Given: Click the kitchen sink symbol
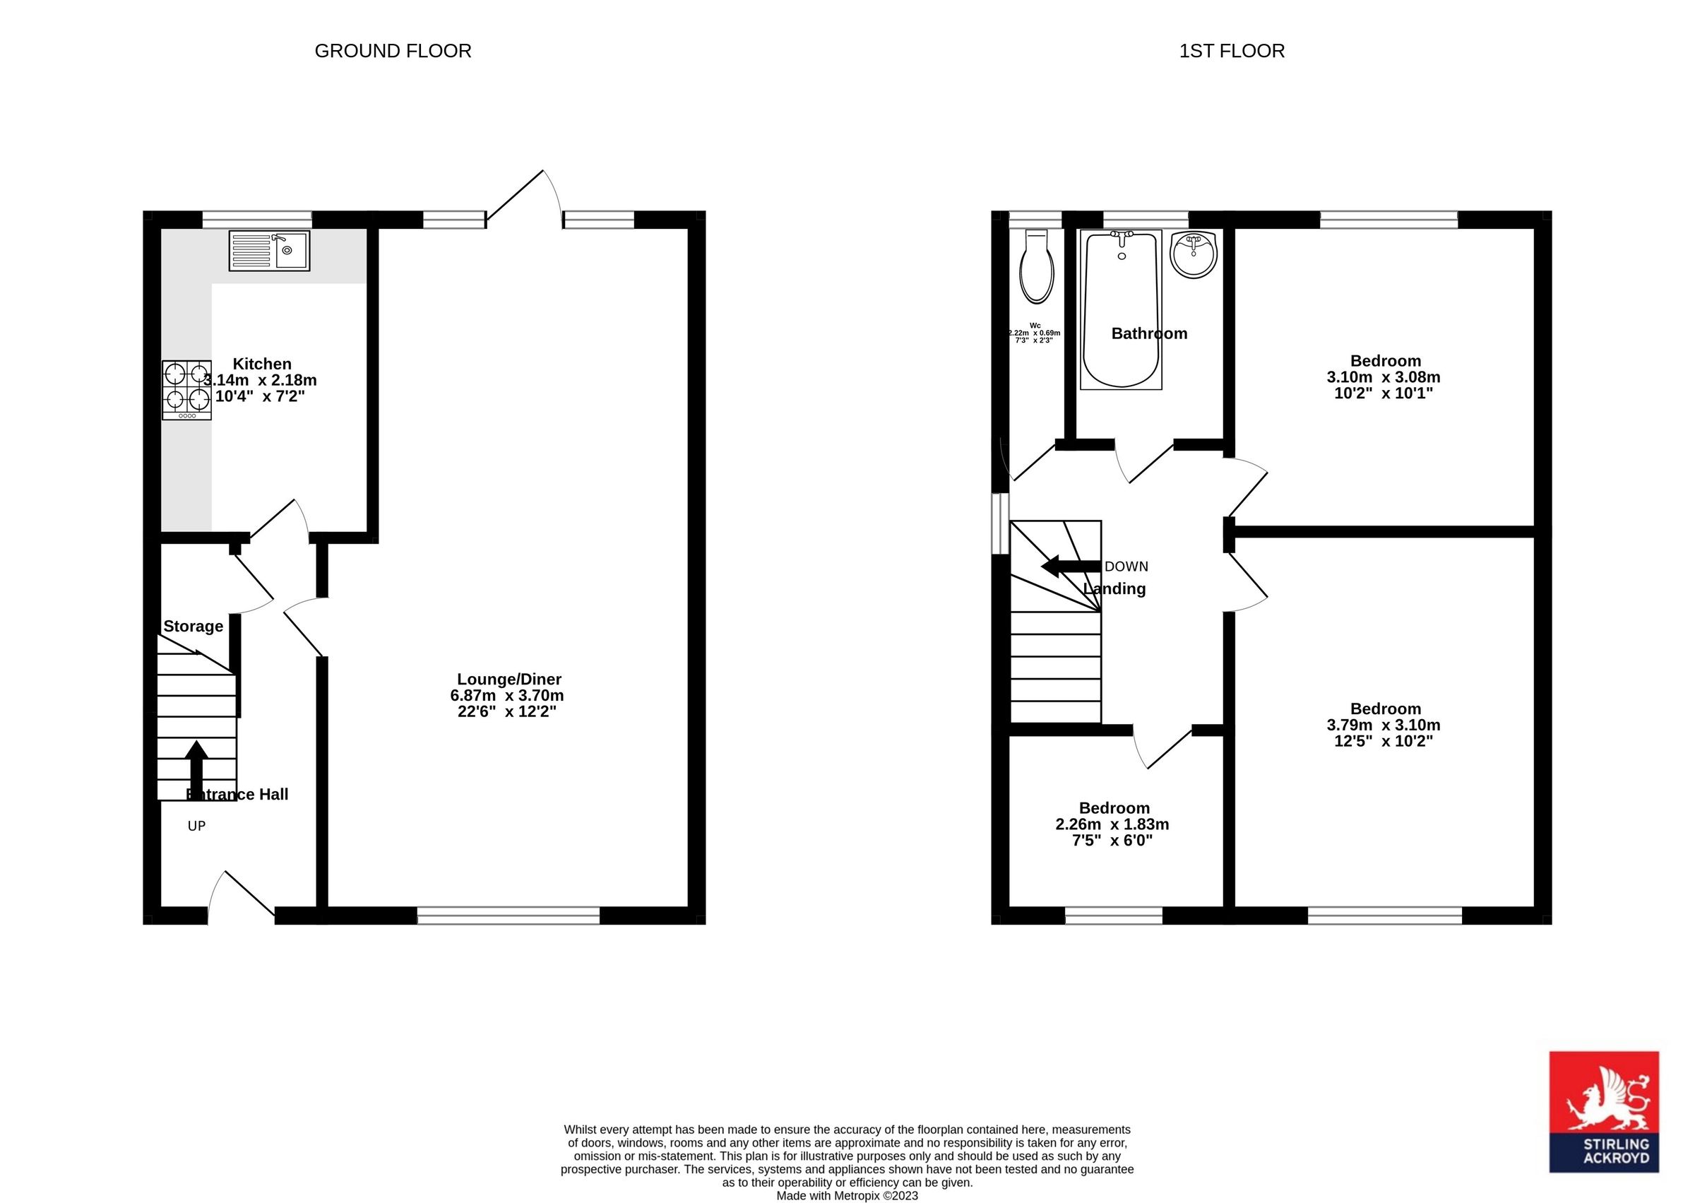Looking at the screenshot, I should [x=269, y=250].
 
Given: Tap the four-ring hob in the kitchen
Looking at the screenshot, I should [x=186, y=390].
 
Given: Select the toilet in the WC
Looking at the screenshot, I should [x=1037, y=267].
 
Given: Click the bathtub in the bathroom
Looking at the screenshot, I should [x=1120, y=309].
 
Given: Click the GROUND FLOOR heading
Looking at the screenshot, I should [x=393, y=51].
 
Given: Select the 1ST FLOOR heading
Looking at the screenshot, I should [x=1232, y=51].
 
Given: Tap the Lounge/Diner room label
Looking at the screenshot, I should [x=509, y=680].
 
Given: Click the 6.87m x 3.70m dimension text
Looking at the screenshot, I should [x=507, y=696].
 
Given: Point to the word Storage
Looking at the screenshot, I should [x=193, y=626].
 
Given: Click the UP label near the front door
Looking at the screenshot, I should [x=196, y=826].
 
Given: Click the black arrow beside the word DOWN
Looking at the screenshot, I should [x=1070, y=567].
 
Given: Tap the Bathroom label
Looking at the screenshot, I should [x=1148, y=333].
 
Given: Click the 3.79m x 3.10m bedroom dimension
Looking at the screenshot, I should [x=1384, y=725].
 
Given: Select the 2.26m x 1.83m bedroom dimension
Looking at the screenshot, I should [x=1112, y=824].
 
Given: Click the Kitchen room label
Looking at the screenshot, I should [x=262, y=364].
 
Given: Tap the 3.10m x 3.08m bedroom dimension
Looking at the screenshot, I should [x=1384, y=377].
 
